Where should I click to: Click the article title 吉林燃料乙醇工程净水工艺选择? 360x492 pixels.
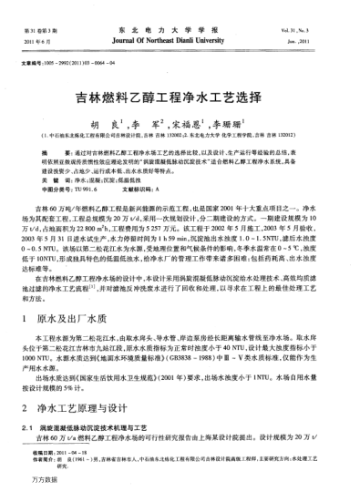(x=180, y=94)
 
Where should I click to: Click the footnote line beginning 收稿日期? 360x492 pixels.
(x=73, y=452)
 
